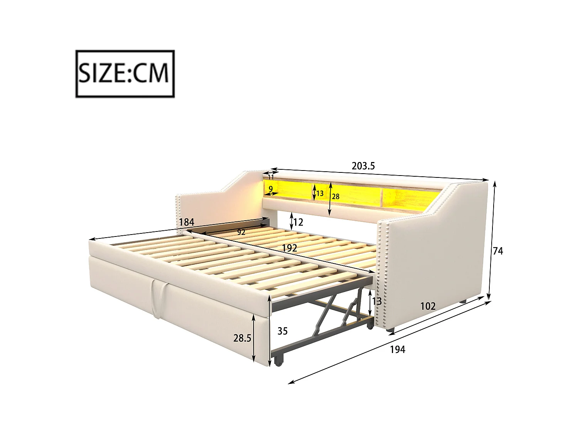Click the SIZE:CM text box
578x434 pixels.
pyautogui.click(x=125, y=73)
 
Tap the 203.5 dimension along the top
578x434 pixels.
pyautogui.click(x=363, y=166)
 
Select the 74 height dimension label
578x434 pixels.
pyautogui.click(x=498, y=251)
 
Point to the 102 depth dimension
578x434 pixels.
pyautogui.click(x=428, y=306)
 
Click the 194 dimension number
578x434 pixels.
pyautogui.click(x=398, y=350)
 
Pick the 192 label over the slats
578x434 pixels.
pyautogui.click(x=289, y=248)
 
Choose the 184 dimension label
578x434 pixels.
pyautogui.click(x=187, y=222)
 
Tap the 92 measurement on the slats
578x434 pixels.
pyautogui.click(x=241, y=232)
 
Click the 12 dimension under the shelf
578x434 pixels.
pyautogui.click(x=298, y=222)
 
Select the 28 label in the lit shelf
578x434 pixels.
pyautogui.click(x=336, y=197)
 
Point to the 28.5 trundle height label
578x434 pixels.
pyautogui.click(x=242, y=338)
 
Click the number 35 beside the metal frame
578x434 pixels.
pyautogui.click(x=282, y=331)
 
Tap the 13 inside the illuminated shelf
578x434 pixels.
pyautogui.click(x=320, y=193)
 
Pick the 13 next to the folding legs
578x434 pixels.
pyautogui.click(x=377, y=301)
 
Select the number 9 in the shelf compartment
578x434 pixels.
pyautogui.click(x=271, y=188)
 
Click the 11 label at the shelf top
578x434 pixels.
pyautogui.click(x=271, y=177)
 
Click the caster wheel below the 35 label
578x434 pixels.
pyautogui.click(x=278, y=361)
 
